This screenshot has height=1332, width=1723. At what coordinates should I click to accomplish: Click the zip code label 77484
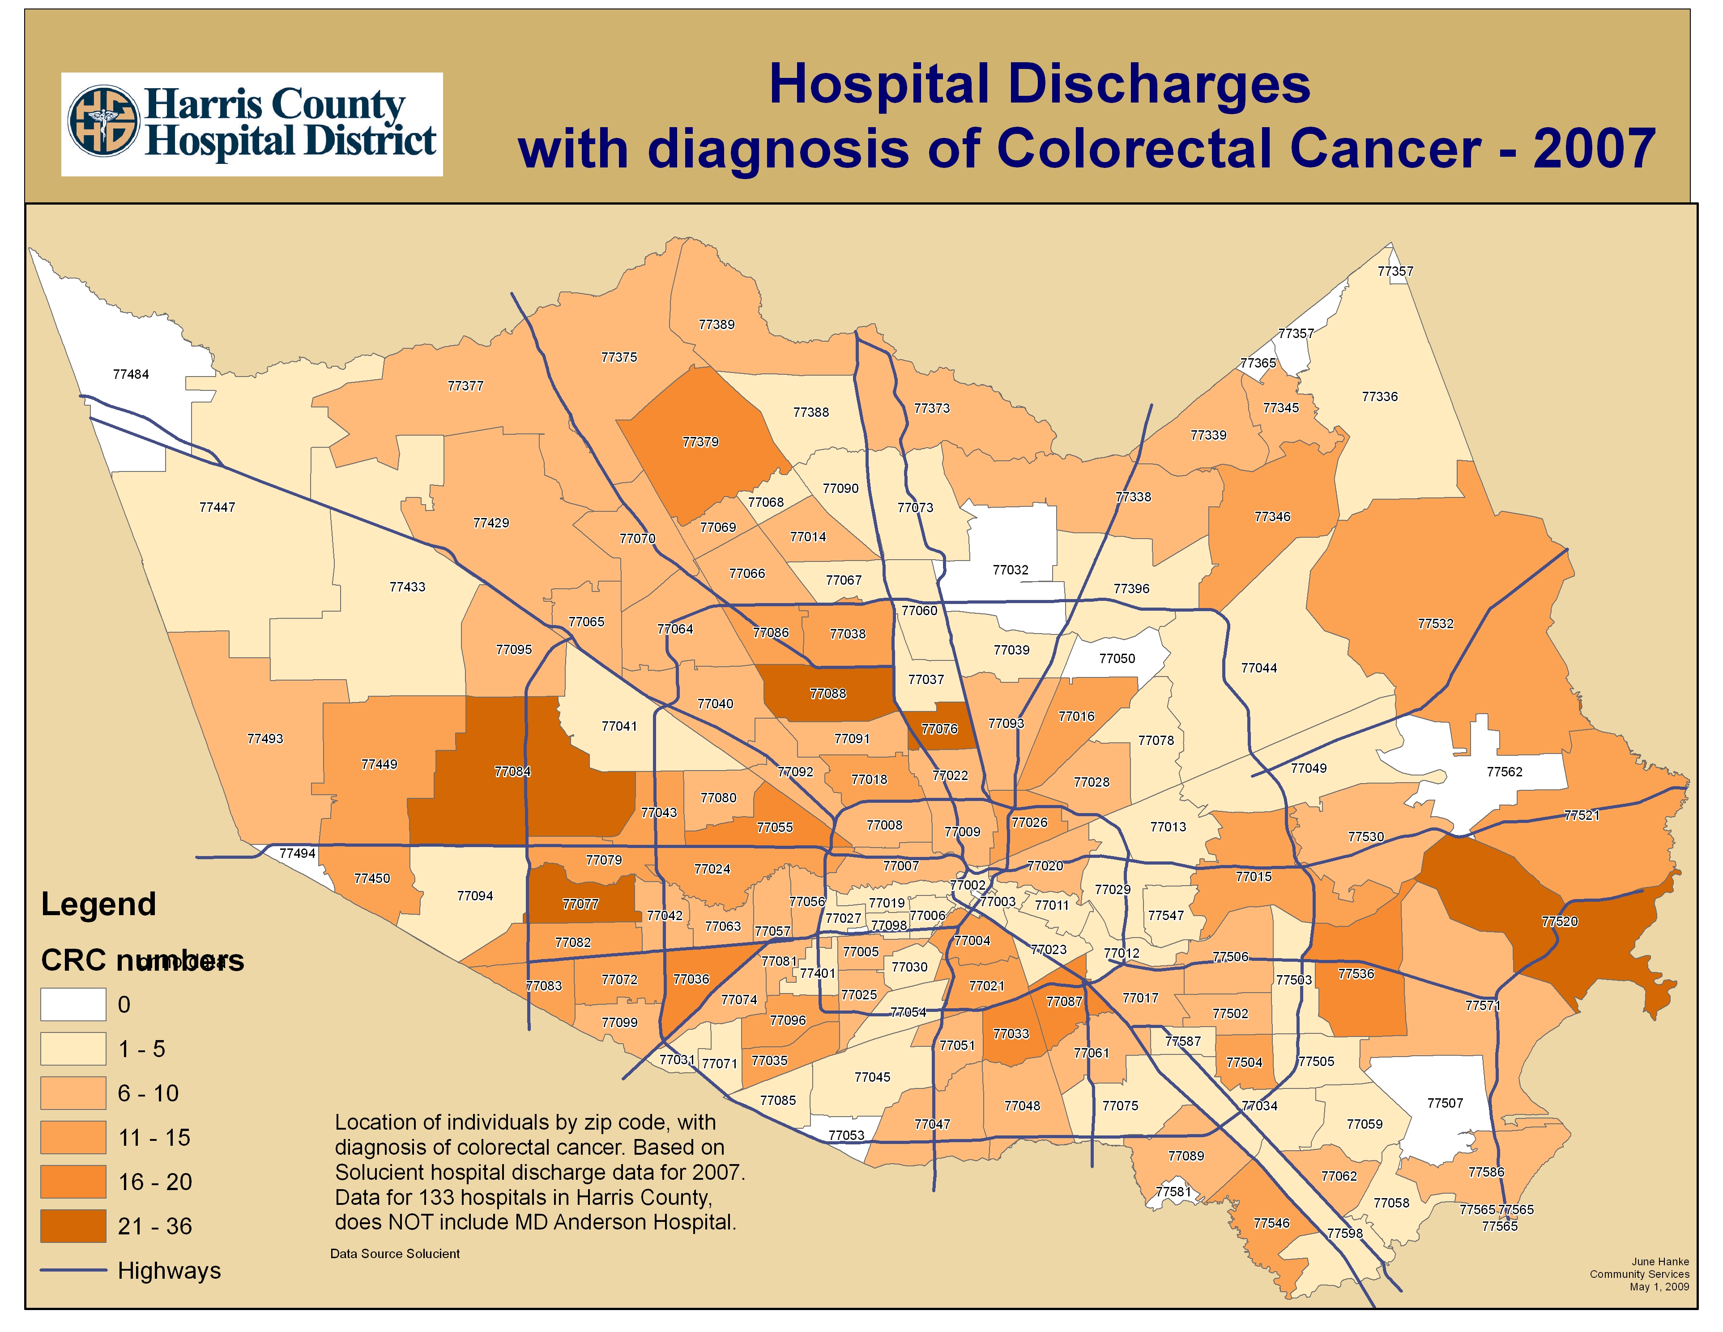pyautogui.click(x=131, y=374)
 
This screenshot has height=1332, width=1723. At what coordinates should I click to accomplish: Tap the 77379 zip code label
pyautogui.click(x=700, y=442)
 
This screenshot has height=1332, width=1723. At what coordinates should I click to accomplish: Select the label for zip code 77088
pyautogui.click(x=827, y=694)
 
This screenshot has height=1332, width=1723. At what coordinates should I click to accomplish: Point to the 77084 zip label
pyautogui.click(x=513, y=771)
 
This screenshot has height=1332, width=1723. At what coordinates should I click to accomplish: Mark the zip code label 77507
pyautogui.click(x=1445, y=1103)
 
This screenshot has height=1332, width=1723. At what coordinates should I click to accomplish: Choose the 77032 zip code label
pyautogui.click(x=1011, y=570)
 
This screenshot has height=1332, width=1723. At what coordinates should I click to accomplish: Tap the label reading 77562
pyautogui.click(x=1505, y=772)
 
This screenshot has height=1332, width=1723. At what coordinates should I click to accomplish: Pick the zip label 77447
pyautogui.click(x=217, y=507)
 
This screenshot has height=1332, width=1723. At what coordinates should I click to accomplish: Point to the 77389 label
pyautogui.click(x=716, y=324)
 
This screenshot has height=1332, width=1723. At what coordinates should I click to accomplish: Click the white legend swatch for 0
pyautogui.click(x=73, y=1005)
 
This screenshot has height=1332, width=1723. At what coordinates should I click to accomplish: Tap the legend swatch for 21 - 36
pyautogui.click(x=73, y=1225)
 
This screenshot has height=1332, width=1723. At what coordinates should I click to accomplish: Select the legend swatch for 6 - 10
pyautogui.click(x=73, y=1093)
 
